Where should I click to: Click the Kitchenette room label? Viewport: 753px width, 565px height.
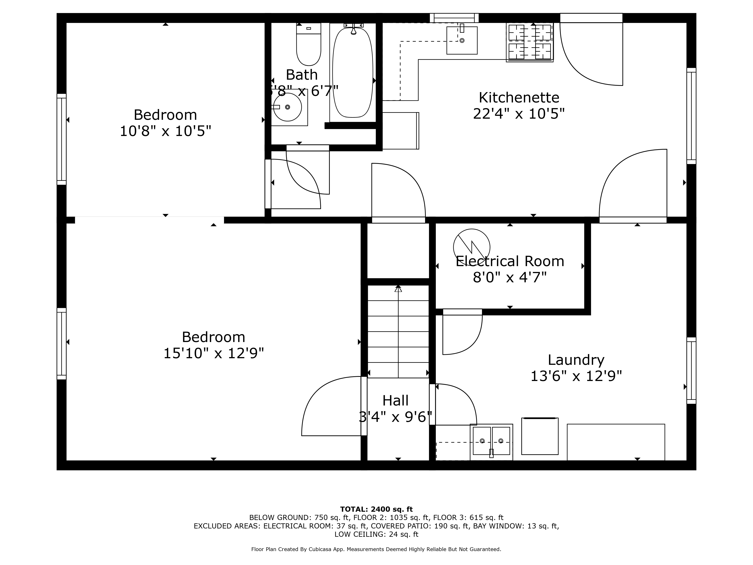519,98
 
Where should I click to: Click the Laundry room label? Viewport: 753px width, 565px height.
576,360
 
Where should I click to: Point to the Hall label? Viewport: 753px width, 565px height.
395,401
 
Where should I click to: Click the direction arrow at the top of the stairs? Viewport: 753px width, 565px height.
398,289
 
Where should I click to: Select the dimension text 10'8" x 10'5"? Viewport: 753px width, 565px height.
165,131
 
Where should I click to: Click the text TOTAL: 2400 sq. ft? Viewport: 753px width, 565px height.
376,509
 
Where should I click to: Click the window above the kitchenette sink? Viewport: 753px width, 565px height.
454,18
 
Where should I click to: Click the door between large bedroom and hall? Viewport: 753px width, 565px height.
364,406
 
